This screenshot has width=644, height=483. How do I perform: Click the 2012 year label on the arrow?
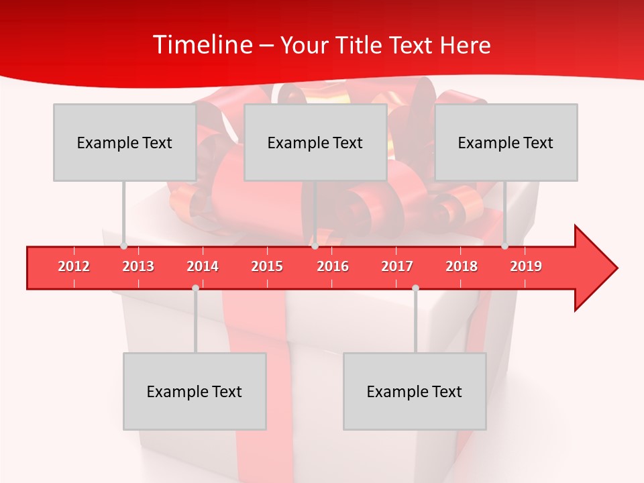(x=74, y=266)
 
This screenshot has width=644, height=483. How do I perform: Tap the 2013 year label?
(x=138, y=266)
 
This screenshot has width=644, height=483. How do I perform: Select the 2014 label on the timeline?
(x=203, y=266)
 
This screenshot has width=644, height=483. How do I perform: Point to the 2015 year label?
(x=267, y=266)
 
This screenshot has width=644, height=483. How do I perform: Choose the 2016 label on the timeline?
(x=333, y=266)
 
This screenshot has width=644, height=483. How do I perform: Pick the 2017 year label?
(x=397, y=266)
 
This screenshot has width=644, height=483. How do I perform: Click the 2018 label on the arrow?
(x=462, y=266)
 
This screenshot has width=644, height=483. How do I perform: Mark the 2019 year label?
(x=526, y=266)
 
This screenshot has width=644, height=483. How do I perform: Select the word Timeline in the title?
(x=201, y=45)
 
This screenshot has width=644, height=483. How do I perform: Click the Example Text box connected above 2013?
(x=125, y=142)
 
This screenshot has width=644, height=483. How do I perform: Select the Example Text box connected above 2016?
(x=315, y=142)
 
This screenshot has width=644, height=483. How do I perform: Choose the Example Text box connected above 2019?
(x=506, y=142)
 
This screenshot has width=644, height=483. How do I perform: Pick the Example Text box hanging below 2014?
(x=195, y=391)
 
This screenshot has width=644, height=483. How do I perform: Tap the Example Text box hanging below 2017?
(x=415, y=391)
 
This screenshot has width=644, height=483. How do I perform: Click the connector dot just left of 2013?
(x=123, y=246)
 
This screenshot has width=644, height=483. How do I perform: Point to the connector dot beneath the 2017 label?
(x=415, y=288)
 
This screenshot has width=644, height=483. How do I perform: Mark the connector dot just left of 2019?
(x=504, y=246)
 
